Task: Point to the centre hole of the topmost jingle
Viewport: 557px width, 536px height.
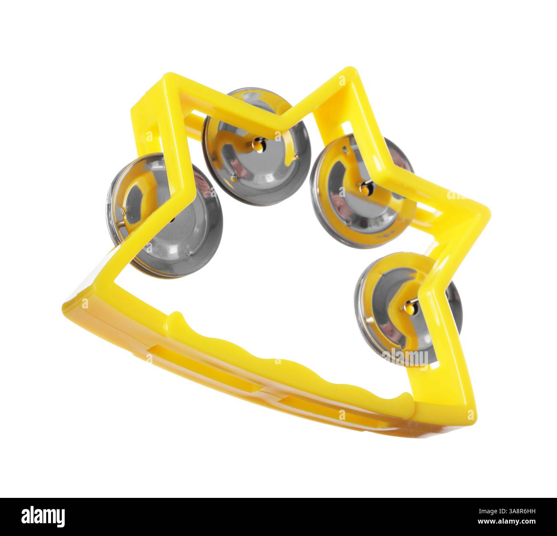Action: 258,146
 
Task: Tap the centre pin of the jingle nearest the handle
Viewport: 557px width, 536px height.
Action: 410,305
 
